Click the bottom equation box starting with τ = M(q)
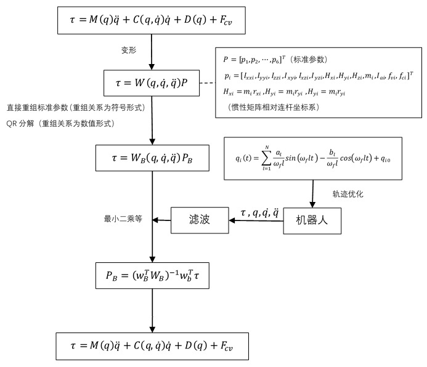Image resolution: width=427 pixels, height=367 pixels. pos(152,347)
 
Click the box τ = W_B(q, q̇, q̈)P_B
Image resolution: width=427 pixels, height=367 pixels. pos(152,158)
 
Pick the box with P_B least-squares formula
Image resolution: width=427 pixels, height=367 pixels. pos(152,276)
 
